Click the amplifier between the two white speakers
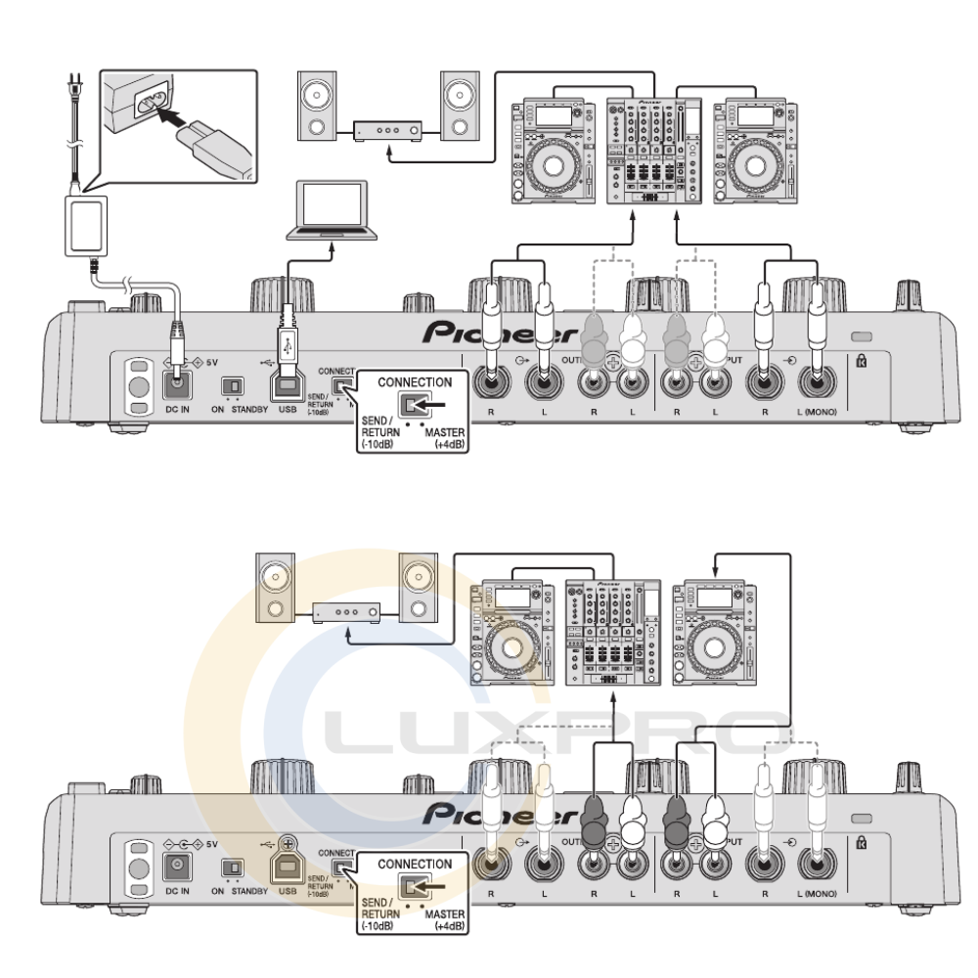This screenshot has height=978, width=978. pos(387,129)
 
